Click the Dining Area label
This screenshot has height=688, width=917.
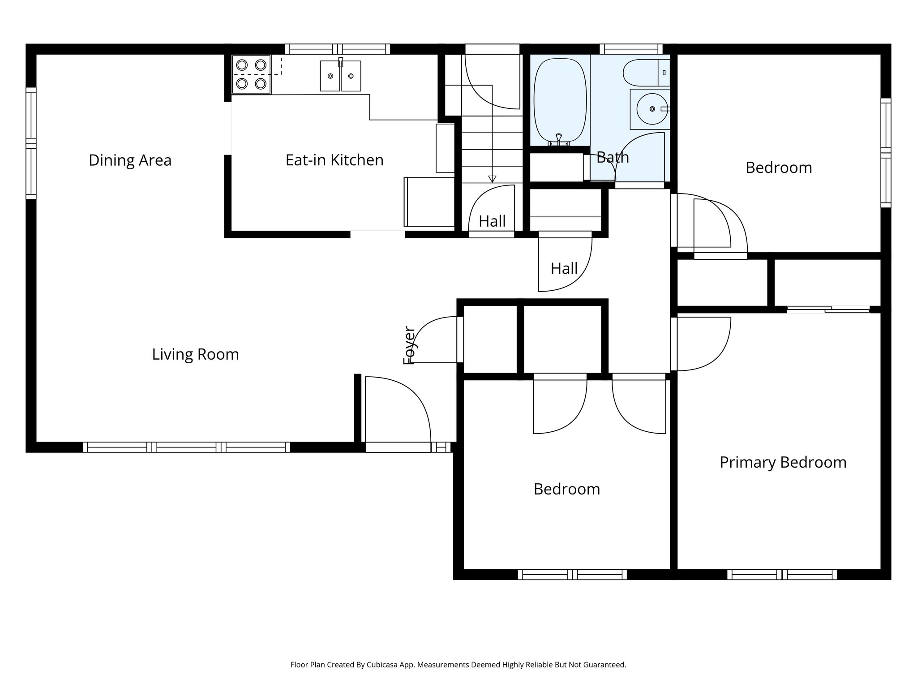[x=130, y=160]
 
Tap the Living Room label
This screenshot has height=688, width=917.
[x=195, y=354]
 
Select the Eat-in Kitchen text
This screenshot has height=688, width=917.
[x=334, y=160]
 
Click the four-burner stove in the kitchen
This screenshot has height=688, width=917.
[x=251, y=74]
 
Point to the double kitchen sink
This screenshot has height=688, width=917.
[x=340, y=76]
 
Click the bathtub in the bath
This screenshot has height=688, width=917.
[x=560, y=100]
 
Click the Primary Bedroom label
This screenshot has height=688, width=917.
[x=783, y=462]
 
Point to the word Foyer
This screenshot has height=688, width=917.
[x=409, y=345]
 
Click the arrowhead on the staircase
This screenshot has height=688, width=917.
[x=492, y=179]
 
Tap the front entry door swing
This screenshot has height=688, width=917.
[x=396, y=410]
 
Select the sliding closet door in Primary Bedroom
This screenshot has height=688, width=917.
[x=828, y=309]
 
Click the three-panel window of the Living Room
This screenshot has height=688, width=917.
[x=186, y=447]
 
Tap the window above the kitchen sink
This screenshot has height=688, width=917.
[x=337, y=49]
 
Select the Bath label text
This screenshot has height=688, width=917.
[x=613, y=158]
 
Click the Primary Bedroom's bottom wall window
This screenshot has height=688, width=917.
[x=782, y=574]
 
